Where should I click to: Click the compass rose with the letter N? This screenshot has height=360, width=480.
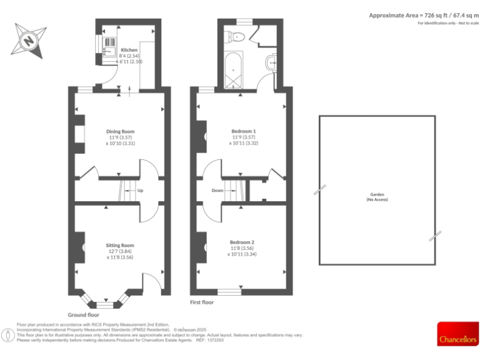pos(30,41)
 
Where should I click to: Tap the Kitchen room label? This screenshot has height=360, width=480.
pos(129,49)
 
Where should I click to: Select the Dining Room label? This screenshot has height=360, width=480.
pos(120,131)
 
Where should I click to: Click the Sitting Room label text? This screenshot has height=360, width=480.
pos(120,246)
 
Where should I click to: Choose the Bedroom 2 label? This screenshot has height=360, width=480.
pos(242,242)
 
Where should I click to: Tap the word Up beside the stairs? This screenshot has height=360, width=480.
pos(140,191)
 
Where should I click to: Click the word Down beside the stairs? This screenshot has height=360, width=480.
pos(217,191)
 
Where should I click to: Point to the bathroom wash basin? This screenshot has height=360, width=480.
pos(271,62)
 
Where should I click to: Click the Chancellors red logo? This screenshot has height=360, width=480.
pos(457,334)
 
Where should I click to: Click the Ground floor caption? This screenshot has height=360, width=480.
pos(83,315)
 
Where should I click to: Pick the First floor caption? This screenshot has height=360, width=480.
pos(202,302)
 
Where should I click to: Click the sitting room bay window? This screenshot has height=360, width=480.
pos(104,304)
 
